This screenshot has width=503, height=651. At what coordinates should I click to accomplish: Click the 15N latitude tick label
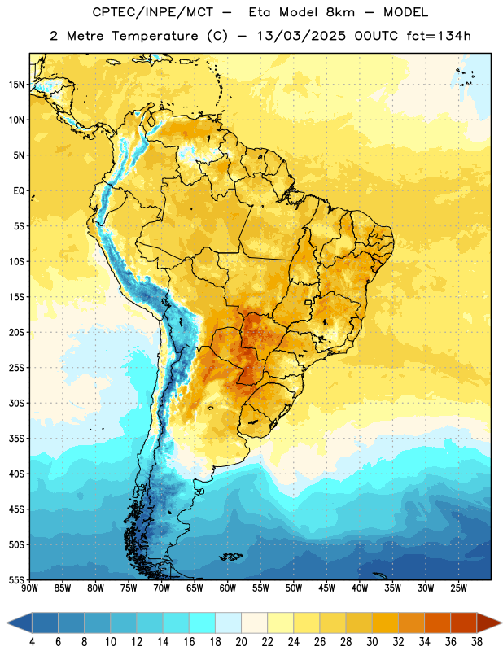pos(16,85)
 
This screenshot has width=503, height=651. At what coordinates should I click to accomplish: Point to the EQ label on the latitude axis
pos(19,191)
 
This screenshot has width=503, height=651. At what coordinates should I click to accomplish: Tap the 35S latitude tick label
pos(16,439)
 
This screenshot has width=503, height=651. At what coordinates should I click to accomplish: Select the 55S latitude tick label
pos(16,579)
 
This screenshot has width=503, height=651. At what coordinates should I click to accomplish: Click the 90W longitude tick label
pos(29,588)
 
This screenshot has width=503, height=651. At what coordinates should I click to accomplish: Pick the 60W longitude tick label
pos(228,588)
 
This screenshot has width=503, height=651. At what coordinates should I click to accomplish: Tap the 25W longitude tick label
pos(458,588)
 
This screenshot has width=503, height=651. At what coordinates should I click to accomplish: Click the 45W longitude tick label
pos(326,588)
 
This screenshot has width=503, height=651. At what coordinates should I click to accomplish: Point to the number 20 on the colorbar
pos(241,642)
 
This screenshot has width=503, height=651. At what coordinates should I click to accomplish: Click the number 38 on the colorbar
pos(476,642)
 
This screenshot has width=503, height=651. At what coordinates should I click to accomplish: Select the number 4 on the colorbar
pos(32,642)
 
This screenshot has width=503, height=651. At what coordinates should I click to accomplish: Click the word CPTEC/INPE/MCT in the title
pos(152,12)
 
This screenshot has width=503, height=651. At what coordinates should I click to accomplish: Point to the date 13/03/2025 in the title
pos(300,36)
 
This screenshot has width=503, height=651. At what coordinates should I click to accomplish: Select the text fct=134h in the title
pos(439,36)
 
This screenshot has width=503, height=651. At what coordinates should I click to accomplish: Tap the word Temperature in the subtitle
pos(155,36)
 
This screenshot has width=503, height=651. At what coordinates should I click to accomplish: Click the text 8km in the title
pos(340,12)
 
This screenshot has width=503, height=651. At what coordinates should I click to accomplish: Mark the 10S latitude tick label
pos(16,261)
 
